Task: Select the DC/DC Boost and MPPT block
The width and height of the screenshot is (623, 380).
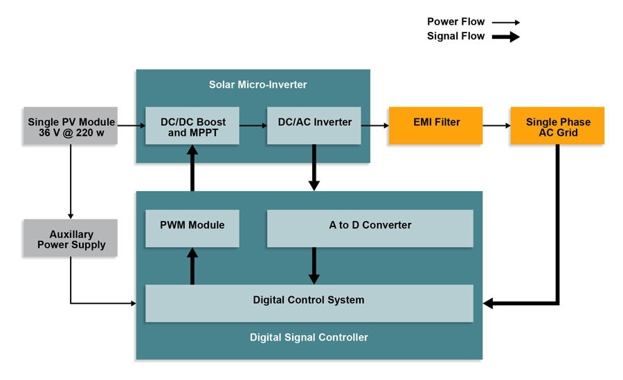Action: point(192,126)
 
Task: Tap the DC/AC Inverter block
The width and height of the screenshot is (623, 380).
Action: point(314,124)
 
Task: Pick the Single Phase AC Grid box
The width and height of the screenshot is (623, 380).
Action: point(557,126)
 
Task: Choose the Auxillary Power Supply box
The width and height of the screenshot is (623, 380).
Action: point(71,239)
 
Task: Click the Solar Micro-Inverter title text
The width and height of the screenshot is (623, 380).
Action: point(258,85)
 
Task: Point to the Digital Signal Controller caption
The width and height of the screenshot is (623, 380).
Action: point(309,338)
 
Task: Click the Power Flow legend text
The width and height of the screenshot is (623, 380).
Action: point(455,22)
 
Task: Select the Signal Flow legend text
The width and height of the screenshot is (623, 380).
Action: point(456,36)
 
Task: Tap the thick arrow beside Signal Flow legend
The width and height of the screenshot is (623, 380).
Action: point(505,37)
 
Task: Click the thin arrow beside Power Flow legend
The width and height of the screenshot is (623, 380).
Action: point(505,22)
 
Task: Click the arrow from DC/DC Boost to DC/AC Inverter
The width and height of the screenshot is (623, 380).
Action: point(253,125)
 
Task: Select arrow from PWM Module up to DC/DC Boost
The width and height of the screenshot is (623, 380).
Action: point(192,170)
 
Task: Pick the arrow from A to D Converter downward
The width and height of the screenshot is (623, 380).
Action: point(314,265)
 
